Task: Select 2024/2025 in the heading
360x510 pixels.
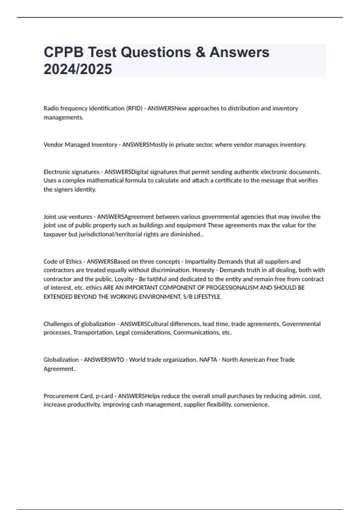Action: [x=78, y=69]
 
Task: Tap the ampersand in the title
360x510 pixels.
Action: [x=200, y=52]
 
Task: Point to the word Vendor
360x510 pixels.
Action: [x=53, y=145]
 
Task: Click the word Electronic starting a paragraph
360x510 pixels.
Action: [x=56, y=172]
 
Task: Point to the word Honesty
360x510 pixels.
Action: [x=203, y=270]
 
